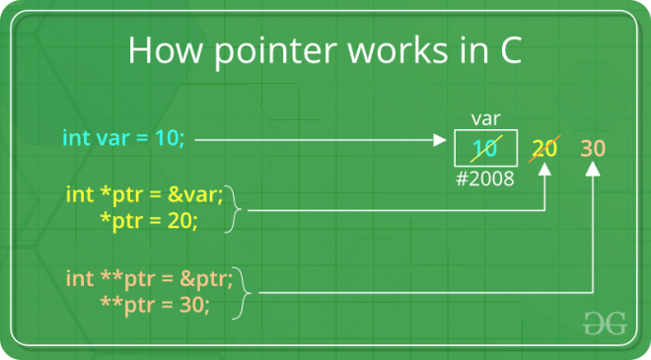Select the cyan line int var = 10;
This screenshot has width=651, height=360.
coord(123,138)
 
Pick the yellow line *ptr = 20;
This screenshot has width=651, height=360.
coord(149,220)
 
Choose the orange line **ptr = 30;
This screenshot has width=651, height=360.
coord(155,305)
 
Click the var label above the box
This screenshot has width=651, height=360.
coord(485,118)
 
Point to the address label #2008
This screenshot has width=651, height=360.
coord(485,180)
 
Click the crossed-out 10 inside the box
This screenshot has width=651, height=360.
coord(484,149)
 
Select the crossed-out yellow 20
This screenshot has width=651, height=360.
coord(546,149)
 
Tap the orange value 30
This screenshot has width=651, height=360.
coord(593,149)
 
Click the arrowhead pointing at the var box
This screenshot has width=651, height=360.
coord(441,140)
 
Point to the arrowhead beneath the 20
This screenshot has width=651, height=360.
coord(546,173)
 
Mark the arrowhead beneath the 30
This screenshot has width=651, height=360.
coord(593,172)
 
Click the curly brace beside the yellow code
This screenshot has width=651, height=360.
coord(235,208)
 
